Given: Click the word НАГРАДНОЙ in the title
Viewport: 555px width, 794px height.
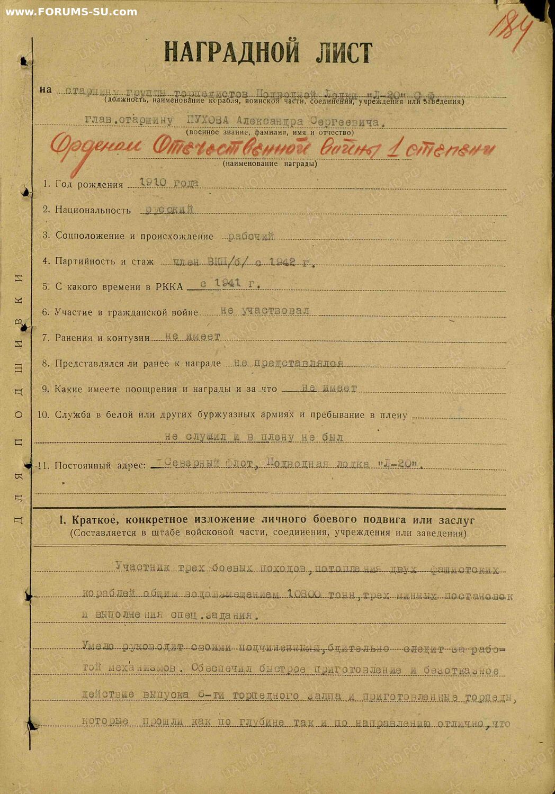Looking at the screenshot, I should click(x=231, y=52).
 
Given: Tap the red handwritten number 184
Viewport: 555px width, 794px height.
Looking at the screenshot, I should click(x=509, y=26).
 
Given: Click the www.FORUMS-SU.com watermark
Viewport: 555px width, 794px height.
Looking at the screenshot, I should click(x=71, y=12).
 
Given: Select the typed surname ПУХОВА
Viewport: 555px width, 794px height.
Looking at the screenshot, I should click(x=208, y=121).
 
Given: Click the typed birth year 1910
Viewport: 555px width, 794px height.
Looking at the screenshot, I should click(x=153, y=183).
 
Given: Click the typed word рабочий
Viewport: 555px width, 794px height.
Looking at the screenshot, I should click(x=251, y=236).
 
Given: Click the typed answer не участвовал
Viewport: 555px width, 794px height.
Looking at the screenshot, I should click(x=265, y=311).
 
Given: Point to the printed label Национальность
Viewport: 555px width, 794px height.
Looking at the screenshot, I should click(x=93, y=210).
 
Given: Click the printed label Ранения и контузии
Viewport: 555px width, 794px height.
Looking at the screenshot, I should click(x=102, y=338).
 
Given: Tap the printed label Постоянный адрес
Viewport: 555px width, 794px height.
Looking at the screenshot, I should click(x=100, y=466).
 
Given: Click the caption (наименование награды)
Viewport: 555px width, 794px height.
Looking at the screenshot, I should click(x=270, y=164).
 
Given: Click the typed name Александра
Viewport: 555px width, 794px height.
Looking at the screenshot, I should click(x=270, y=121).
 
